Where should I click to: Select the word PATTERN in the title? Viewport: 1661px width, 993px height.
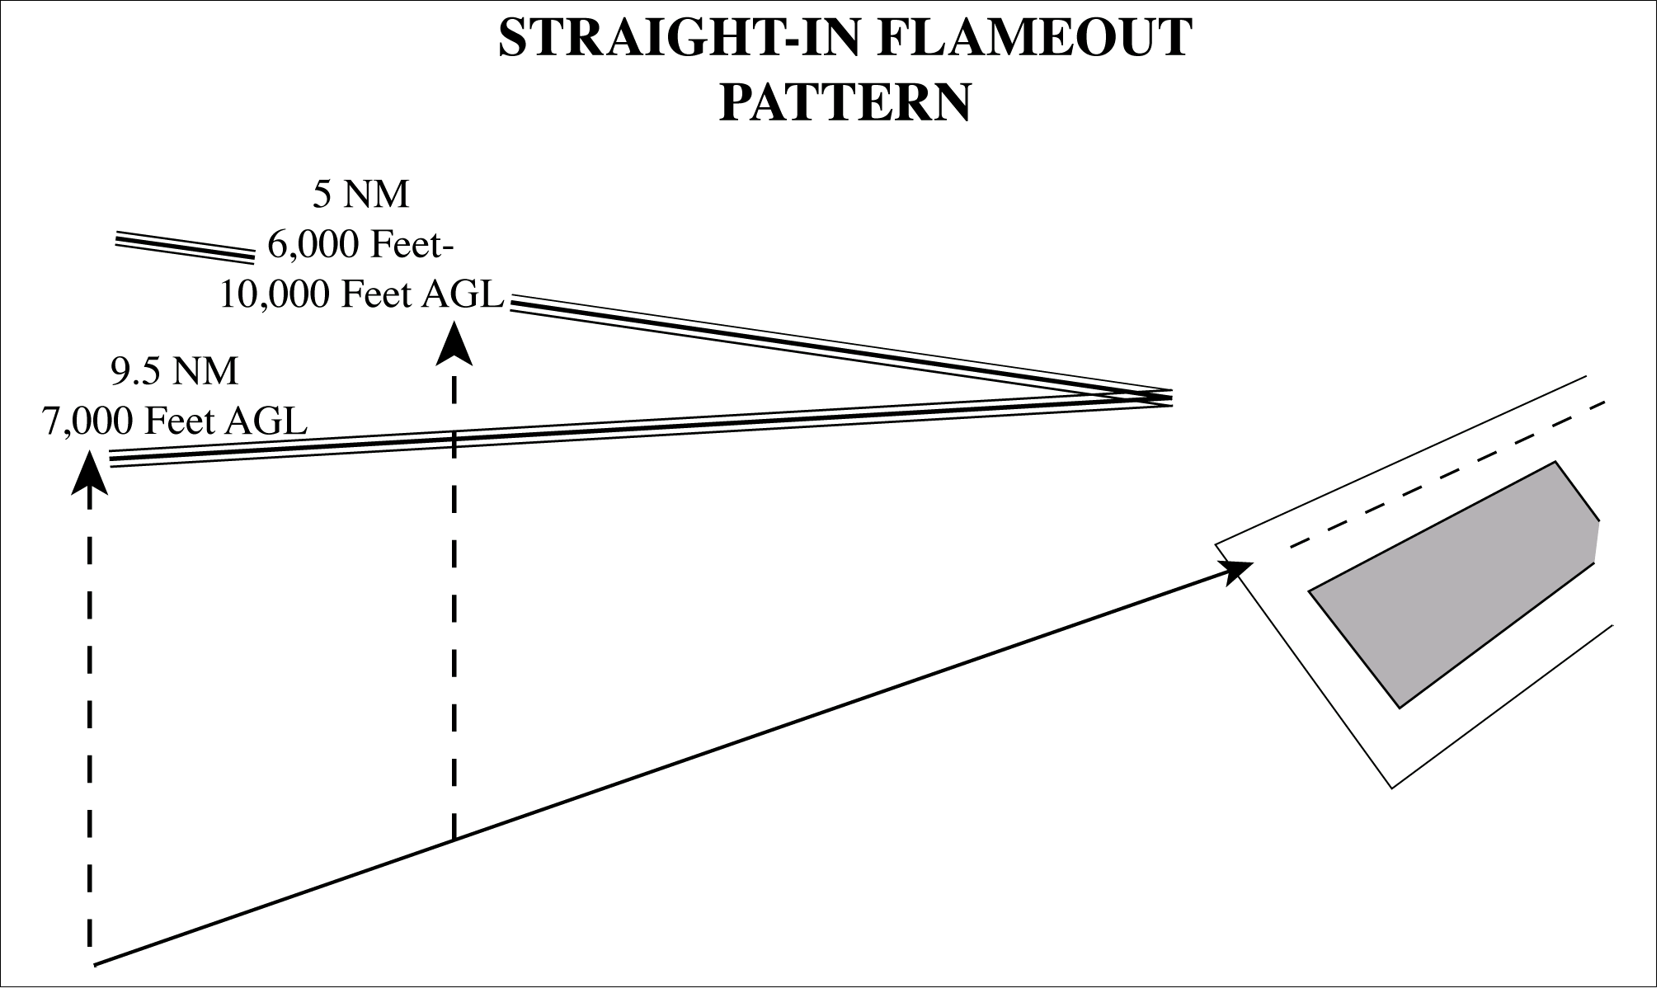click(845, 103)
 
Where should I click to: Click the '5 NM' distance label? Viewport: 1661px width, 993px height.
click(361, 195)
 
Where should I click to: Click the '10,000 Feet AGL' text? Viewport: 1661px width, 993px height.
click(361, 294)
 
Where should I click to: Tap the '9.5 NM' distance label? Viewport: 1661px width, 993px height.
click(175, 371)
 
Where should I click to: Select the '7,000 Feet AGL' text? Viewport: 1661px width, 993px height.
click(175, 421)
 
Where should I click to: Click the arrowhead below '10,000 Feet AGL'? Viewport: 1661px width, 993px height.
click(454, 343)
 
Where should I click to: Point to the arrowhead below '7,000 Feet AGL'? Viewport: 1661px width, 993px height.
click(89, 472)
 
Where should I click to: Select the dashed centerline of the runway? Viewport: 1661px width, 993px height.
click(1447, 475)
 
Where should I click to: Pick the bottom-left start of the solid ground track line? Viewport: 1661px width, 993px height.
click(96, 963)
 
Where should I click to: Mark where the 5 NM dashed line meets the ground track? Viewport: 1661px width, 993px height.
click(454, 840)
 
